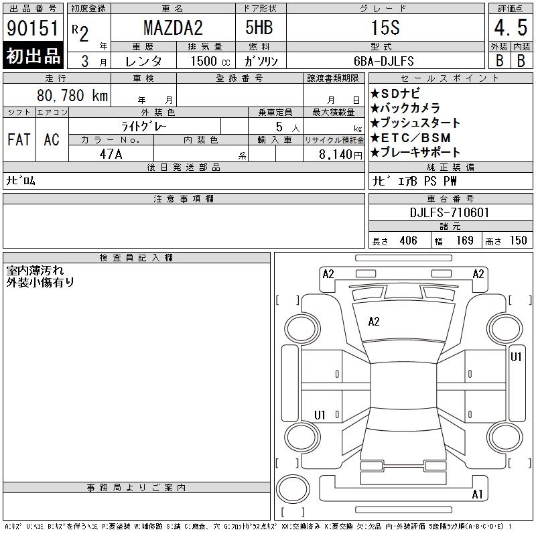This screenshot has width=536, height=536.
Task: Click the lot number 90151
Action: pyautogui.click(x=32, y=28)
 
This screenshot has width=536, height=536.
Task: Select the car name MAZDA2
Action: pyautogui.click(x=173, y=27)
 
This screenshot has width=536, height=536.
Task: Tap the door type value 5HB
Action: pyautogui.click(x=259, y=27)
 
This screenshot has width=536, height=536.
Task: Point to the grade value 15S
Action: pyautogui.click(x=385, y=27)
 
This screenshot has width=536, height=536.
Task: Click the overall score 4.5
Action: pyautogui.click(x=511, y=27)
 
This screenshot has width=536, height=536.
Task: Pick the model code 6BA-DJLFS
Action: pyautogui.click(x=383, y=61)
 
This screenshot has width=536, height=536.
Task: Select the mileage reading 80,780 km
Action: pyautogui.click(x=72, y=95)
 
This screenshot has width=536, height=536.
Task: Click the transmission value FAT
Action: pyautogui.click(x=19, y=139)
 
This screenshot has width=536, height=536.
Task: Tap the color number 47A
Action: pyautogui.click(x=111, y=154)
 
